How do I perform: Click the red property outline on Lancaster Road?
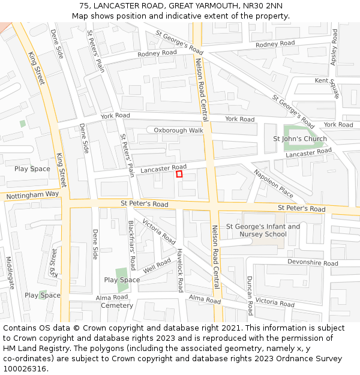point(179,174)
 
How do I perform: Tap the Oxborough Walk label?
point(178,130)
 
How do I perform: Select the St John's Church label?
point(300,139)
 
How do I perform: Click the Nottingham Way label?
point(32,195)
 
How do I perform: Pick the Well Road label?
point(157,265)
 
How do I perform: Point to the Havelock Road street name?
point(179,270)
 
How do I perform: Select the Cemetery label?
point(117,305)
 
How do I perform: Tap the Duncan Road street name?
point(250,295)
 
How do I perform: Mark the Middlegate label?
point(10,273)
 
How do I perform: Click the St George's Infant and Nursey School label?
point(263,230)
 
